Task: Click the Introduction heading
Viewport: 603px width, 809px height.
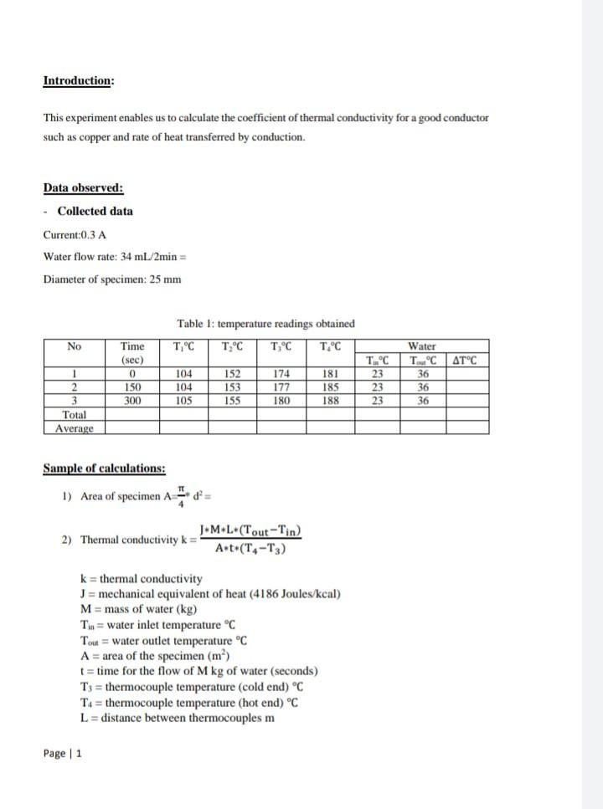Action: click(x=79, y=81)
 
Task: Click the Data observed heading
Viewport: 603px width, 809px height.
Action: click(x=83, y=188)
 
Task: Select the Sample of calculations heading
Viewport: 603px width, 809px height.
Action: click(x=104, y=469)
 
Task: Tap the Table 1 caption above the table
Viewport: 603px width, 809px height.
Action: click(x=265, y=324)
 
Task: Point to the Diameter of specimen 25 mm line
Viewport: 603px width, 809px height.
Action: click(x=111, y=279)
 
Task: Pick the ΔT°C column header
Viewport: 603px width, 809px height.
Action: click(x=466, y=361)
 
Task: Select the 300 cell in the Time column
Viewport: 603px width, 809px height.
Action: click(x=132, y=401)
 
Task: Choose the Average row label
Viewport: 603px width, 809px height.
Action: click(x=75, y=428)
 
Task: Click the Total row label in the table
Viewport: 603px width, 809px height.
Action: click(x=75, y=415)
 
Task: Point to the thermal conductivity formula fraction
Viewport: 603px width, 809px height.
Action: click(x=250, y=540)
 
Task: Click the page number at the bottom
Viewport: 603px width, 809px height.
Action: click(x=63, y=754)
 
